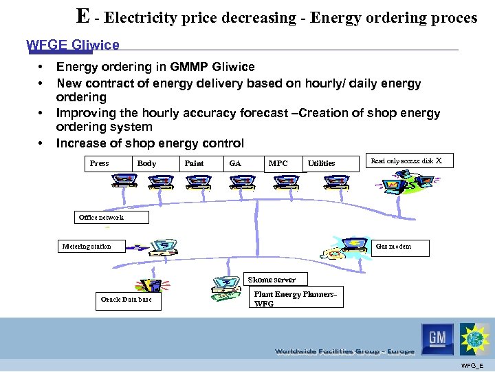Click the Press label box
tap(99, 163)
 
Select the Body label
tap(146, 163)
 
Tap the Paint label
tap(194, 163)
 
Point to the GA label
tap(235, 163)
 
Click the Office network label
tap(101, 217)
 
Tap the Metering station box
tap(87, 246)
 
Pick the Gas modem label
tap(393, 247)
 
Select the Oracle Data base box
tap(127, 300)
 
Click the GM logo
tap(438, 338)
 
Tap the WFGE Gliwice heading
tap(73, 45)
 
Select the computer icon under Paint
tap(199, 181)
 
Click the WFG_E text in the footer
tap(472, 364)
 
